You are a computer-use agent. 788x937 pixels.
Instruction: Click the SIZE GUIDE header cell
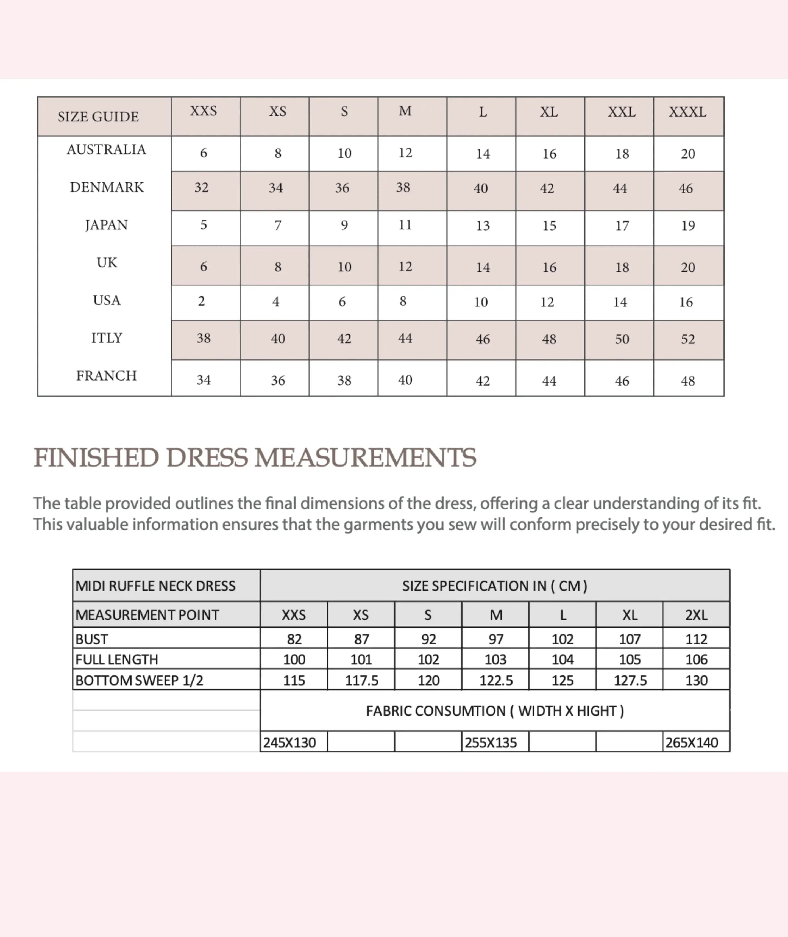(98, 117)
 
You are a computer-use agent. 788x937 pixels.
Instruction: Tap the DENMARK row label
(107, 187)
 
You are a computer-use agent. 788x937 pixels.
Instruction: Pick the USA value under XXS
(202, 302)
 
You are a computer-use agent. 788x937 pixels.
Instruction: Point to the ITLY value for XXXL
(688, 339)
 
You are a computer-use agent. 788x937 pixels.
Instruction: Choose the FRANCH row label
(106, 376)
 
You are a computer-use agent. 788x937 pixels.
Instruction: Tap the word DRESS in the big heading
(207, 458)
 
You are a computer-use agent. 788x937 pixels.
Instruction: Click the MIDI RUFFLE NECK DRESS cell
(155, 586)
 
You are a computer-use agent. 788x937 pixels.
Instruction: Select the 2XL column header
(696, 615)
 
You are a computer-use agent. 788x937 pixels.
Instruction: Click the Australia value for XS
(278, 154)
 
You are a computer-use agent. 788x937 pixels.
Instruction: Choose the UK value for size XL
(549, 267)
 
